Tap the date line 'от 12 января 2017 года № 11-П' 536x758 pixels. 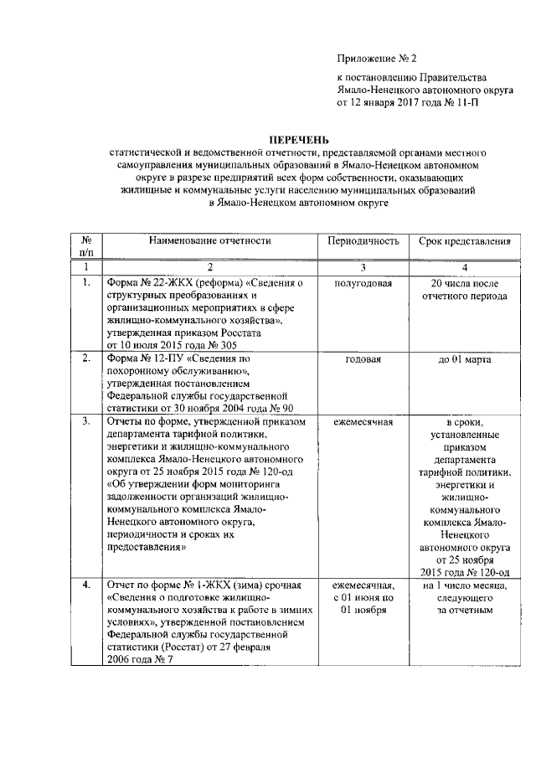tap(408, 103)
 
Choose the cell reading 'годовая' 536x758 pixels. tap(363, 359)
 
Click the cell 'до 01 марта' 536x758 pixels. tap(465, 359)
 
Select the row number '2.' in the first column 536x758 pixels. tap(86, 359)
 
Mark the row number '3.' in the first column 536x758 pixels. tap(86, 421)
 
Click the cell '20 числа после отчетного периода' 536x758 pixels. tap(465, 290)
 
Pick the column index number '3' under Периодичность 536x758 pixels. tap(363, 266)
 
